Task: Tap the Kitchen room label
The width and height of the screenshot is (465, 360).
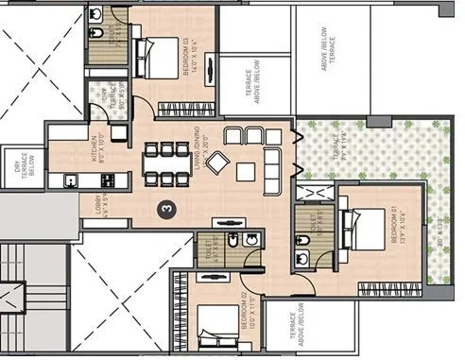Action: pos(80,151)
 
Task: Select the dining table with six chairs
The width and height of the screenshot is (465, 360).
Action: pos(161,163)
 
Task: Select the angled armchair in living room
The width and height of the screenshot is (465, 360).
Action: pos(218,163)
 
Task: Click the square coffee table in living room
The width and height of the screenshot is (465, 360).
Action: pos(245,171)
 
